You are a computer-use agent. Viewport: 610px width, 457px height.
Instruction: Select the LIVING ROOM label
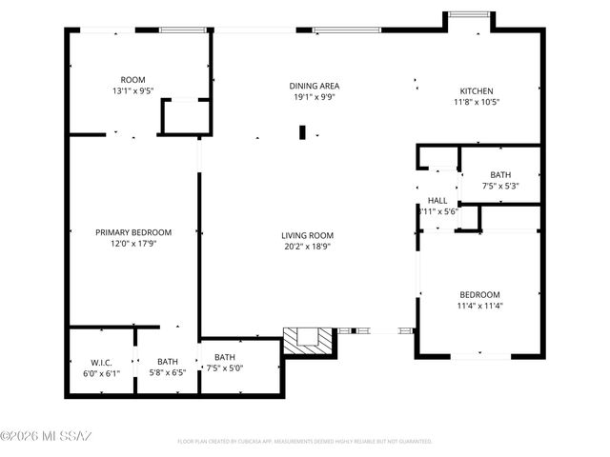[x=306, y=235]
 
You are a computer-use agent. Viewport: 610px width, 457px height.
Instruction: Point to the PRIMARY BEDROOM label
[x=132, y=232]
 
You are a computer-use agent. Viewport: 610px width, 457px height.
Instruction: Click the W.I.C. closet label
[x=102, y=361]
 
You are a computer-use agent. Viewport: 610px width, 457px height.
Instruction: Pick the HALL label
[x=437, y=200]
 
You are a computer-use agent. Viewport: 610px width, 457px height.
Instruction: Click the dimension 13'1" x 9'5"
[x=132, y=90]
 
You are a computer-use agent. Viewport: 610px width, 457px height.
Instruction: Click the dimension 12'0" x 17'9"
[x=132, y=243]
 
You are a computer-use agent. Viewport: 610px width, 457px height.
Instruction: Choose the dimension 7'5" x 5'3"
[x=500, y=186]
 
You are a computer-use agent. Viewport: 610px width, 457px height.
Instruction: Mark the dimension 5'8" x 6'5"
[x=168, y=372]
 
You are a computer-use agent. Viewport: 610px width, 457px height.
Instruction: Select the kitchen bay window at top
[x=469, y=14]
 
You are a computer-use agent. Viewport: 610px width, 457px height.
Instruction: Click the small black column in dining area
[x=302, y=132]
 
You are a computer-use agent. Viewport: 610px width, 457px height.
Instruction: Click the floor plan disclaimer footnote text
[x=305, y=442]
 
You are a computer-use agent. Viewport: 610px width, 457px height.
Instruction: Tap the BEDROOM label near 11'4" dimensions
[x=479, y=294]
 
